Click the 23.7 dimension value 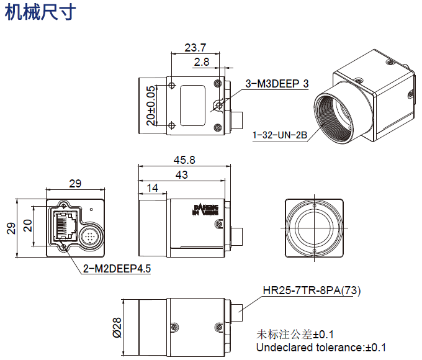point(195,47)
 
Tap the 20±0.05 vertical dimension point(150,106)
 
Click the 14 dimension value point(151,188)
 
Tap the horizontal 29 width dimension point(75,184)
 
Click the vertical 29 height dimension point(11,228)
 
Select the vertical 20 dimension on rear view point(27,225)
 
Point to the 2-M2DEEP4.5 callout point(117,269)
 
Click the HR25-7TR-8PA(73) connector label point(312,290)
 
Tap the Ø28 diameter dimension point(117,325)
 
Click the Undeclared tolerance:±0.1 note point(321,347)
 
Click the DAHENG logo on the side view point(206,209)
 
